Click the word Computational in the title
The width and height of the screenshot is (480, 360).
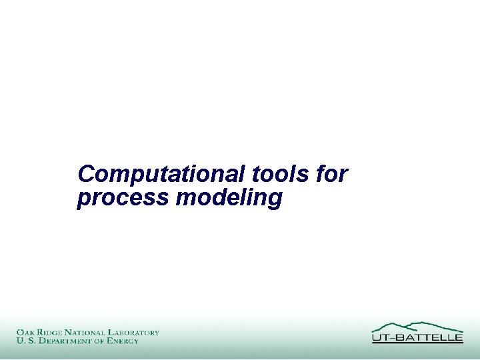coord(162,175)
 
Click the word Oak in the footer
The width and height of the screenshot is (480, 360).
coord(27,332)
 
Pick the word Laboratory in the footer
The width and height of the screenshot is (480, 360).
coord(136,332)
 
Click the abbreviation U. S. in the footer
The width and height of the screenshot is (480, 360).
coord(24,341)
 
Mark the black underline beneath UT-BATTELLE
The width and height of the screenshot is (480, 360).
coord(417,343)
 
